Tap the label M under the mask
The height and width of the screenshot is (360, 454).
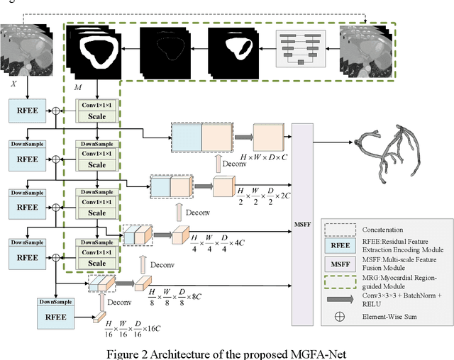(77, 85)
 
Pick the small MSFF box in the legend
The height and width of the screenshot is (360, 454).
(338, 264)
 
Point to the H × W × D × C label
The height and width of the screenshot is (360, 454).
(258, 157)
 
